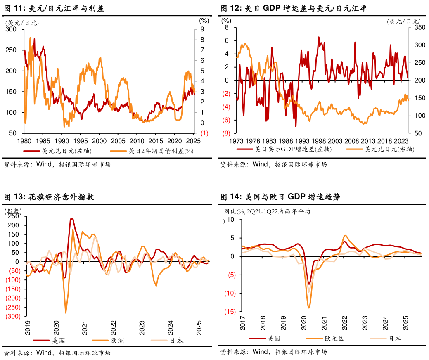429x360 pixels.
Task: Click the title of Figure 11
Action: pos(54,8)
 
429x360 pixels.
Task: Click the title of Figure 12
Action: pos(294,8)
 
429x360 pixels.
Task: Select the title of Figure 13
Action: pos(49,197)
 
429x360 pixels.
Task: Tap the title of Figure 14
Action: pos(280,197)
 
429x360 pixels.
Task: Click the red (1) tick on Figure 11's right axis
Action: pos(204,133)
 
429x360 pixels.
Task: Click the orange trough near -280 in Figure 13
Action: pos(66,313)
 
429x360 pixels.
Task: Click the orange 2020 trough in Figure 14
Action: pos(308,308)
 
